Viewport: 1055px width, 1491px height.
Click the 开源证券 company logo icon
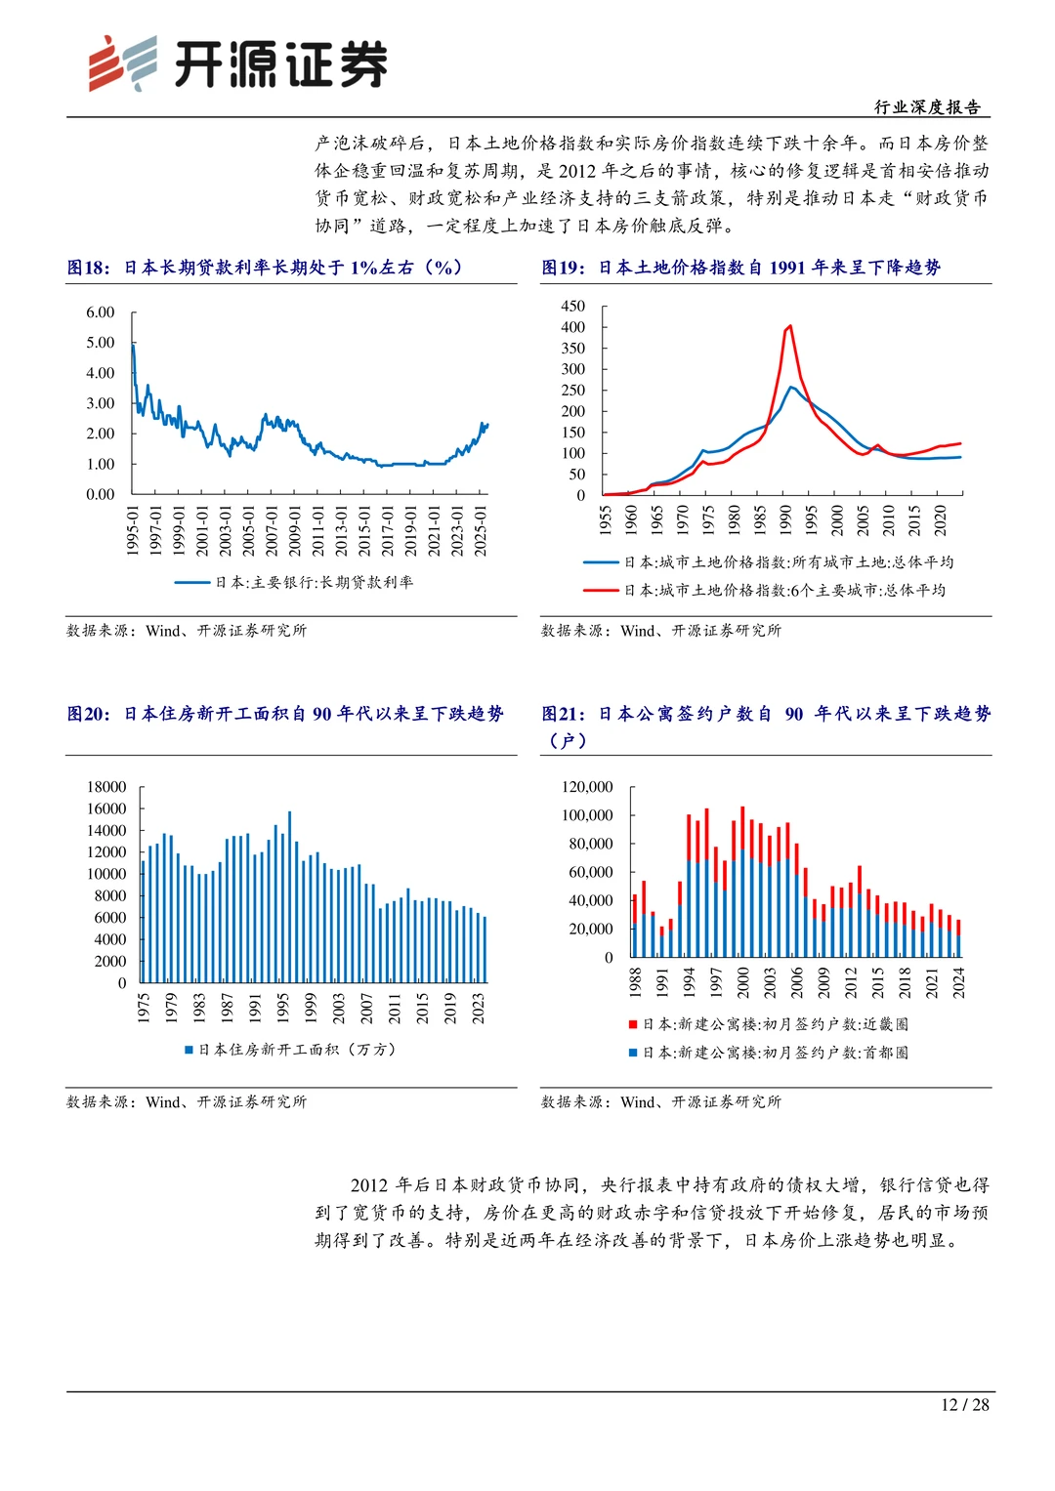(122, 63)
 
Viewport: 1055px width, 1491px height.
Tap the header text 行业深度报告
(926, 107)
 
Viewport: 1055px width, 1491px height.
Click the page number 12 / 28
(964, 1405)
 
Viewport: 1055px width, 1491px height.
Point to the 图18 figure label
(88, 268)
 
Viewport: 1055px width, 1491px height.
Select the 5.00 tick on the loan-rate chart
(101, 343)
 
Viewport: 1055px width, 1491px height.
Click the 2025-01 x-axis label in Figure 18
(480, 530)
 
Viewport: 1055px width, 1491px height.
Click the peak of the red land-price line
(789, 326)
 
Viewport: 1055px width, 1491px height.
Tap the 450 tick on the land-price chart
(573, 306)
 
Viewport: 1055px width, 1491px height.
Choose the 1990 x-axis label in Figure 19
(785, 519)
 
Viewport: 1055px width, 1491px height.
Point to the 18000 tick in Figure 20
(106, 787)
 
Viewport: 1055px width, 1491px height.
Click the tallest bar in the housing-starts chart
(289, 896)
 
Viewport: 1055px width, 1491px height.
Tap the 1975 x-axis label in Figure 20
(144, 1008)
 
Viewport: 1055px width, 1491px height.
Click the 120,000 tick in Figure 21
(587, 787)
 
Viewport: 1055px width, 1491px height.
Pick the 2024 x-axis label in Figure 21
(958, 982)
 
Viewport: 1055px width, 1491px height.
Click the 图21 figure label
(563, 714)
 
